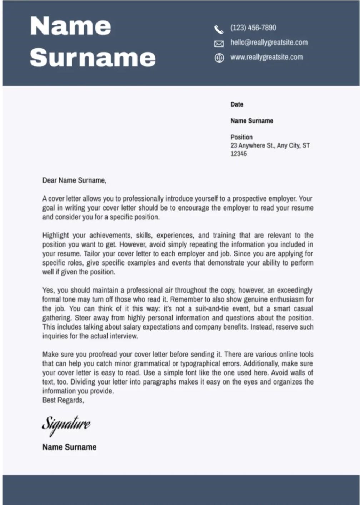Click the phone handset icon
point(219,29)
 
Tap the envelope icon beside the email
point(219,44)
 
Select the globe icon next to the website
point(219,58)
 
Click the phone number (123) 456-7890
point(253,28)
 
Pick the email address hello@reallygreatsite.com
point(269,43)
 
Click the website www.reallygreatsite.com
point(266,57)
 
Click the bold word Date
point(237,104)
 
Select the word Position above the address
point(241,137)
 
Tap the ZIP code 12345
point(239,154)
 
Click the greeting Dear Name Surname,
point(74,180)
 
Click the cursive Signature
point(66,424)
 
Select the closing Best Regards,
point(63,400)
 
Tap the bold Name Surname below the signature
point(69,447)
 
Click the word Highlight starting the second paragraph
point(55,236)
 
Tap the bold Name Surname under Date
point(252,121)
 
